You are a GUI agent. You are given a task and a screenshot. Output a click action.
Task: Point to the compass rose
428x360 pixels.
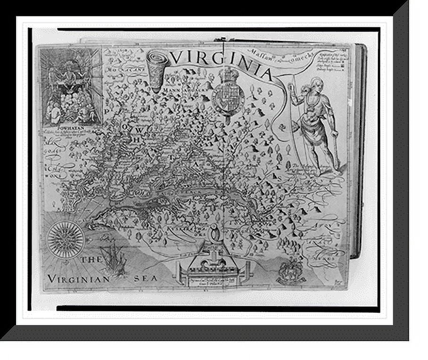tap(66, 239)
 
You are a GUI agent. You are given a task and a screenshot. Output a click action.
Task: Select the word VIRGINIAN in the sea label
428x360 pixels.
tap(78, 278)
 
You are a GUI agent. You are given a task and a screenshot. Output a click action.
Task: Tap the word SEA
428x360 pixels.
tap(146, 278)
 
